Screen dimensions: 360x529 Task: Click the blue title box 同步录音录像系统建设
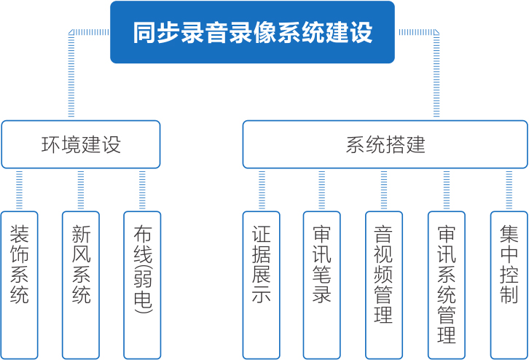tap(252, 32)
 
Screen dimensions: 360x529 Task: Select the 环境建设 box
tap(80, 144)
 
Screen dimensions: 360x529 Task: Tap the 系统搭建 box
tap(385, 144)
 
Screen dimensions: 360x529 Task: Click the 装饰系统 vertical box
tap(19, 284)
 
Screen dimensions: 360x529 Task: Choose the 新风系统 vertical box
tap(81, 284)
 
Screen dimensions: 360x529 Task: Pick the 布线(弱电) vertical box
tap(142, 284)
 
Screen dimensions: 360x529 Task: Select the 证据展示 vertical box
tap(261, 284)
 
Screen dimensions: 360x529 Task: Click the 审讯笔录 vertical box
tap(322, 284)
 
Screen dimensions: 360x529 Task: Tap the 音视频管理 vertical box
tap(383, 284)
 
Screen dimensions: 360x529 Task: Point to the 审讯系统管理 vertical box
tap(446, 284)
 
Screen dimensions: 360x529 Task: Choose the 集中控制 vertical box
tap(509, 284)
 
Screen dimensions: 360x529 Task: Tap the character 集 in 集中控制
tap(509, 234)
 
